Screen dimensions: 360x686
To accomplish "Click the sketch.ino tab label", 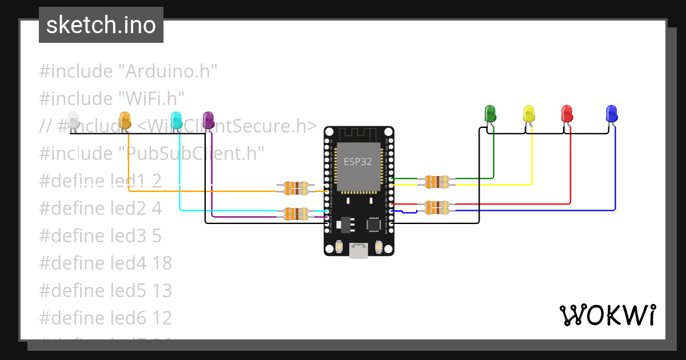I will pos(101,25).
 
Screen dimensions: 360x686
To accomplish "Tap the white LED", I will pos(73,119).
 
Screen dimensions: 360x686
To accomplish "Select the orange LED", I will pos(125,119).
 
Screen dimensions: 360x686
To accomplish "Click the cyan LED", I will pos(177,119).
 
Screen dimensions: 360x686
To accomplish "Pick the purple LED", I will pos(209,119).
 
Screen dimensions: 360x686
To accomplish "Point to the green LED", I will pos(490,113).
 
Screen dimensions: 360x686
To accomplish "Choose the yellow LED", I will pos(529,113).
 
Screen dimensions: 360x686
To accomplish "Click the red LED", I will pos(567,113).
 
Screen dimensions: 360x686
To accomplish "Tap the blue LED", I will pos(611,113).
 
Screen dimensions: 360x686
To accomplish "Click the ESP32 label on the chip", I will pos(358,162).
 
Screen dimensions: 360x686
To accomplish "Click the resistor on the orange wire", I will pos(292,187).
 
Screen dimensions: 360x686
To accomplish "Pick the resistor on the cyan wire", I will pos(292,214).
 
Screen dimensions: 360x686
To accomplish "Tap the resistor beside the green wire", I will pos(437,182).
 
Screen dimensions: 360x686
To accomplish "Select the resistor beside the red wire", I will pos(437,207).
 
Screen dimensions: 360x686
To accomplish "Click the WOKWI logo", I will pos(607,315).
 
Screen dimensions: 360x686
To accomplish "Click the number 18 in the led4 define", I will pos(162,263).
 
